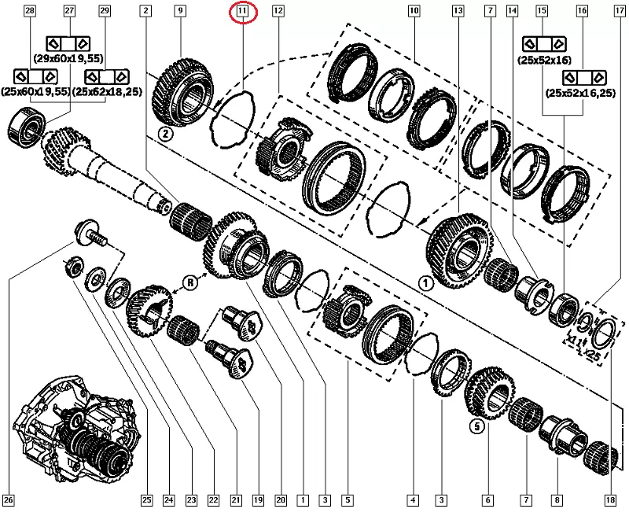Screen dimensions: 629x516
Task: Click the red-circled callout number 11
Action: point(242,11)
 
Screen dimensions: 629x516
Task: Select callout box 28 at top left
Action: point(30,10)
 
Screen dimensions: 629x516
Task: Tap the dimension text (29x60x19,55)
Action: point(68,58)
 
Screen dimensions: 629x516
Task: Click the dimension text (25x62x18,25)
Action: point(108,92)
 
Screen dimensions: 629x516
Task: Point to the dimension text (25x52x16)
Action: point(543,61)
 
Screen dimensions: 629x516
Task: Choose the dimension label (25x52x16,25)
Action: point(580,93)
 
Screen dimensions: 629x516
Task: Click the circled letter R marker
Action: point(190,283)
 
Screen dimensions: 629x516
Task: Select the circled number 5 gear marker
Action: point(477,426)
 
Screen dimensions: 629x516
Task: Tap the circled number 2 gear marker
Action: point(166,134)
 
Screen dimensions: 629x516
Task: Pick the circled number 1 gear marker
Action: point(425,284)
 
